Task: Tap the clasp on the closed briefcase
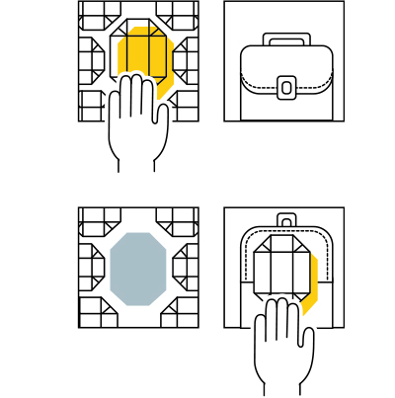(286, 87)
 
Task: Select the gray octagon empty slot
(137, 269)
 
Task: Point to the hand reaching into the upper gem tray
(131, 123)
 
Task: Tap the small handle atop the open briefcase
(286, 219)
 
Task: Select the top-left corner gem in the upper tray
(99, 14)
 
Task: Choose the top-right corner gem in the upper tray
(178, 14)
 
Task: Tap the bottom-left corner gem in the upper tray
(92, 105)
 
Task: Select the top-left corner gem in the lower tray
(99, 220)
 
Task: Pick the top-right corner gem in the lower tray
(178, 220)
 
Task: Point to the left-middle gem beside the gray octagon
(91, 266)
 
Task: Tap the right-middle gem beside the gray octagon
(186, 266)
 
